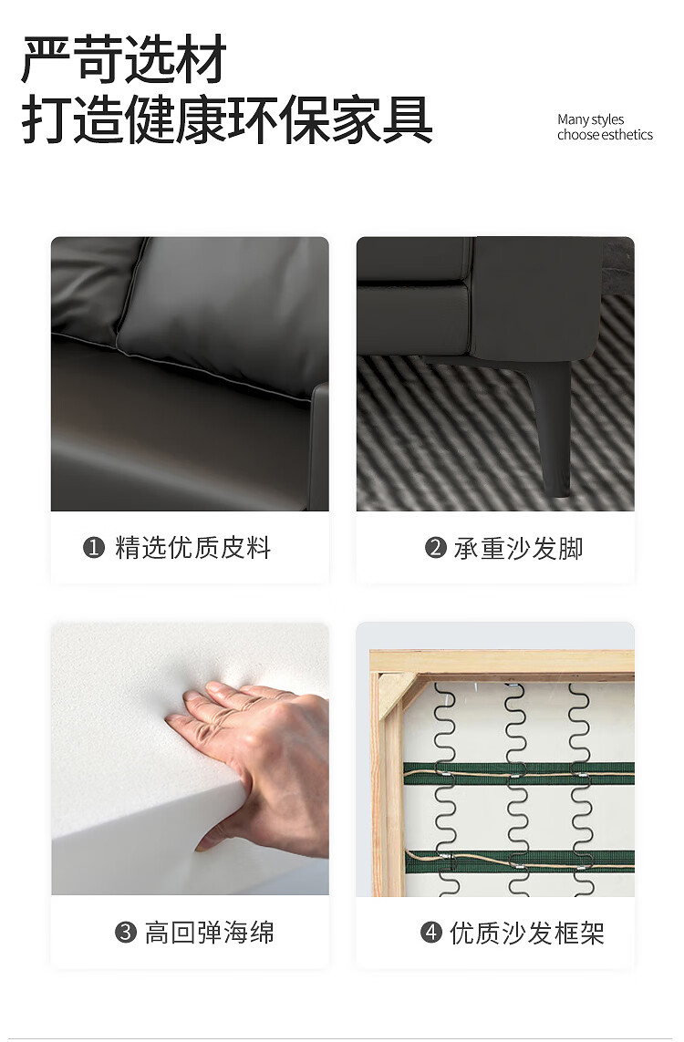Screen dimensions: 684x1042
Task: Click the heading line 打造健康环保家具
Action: [227, 119]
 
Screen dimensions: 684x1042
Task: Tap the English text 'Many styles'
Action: [590, 119]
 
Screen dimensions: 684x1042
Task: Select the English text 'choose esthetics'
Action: [605, 135]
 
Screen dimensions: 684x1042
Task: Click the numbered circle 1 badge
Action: [94, 548]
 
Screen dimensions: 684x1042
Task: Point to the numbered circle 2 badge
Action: [435, 548]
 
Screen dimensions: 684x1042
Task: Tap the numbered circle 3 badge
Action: [125, 932]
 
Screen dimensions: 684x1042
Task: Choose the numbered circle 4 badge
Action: [430, 932]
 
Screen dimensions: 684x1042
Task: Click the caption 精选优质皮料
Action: [193, 548]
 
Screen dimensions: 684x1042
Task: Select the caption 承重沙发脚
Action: [519, 548]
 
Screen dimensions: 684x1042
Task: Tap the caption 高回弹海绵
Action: [210, 933]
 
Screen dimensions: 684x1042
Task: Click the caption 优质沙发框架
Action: [527, 933]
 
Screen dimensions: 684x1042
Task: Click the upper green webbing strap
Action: [519, 772]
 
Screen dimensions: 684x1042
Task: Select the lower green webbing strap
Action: [519, 861]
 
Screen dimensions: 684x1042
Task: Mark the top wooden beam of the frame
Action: [502, 662]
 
